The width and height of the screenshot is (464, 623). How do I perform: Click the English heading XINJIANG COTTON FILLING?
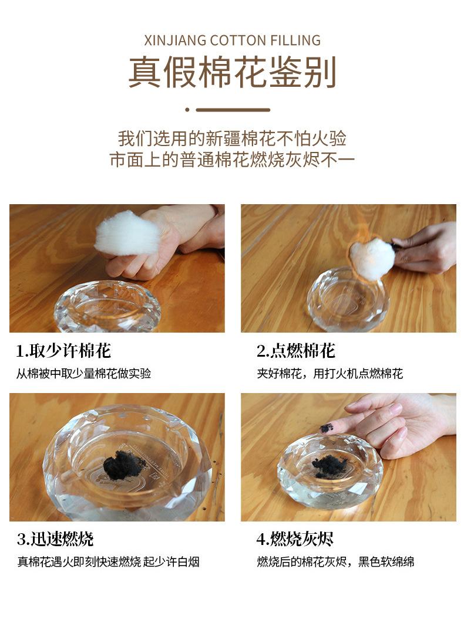(x=232, y=40)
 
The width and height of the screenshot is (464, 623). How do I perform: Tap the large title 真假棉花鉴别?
(x=233, y=72)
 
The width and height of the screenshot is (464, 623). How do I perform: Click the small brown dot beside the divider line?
(x=187, y=110)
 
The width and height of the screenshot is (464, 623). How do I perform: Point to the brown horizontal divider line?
(x=233, y=110)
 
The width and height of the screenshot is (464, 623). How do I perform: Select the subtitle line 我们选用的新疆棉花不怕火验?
(x=232, y=138)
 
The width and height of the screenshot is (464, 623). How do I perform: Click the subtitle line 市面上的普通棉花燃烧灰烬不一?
(x=232, y=160)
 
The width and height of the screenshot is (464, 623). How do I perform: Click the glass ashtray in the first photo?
(x=107, y=307)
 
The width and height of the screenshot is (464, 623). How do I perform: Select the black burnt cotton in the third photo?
(x=124, y=465)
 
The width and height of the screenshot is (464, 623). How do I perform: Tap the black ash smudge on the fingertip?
(x=327, y=428)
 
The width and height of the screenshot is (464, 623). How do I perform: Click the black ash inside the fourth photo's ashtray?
(x=329, y=465)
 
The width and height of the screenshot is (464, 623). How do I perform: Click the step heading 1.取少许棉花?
(x=63, y=350)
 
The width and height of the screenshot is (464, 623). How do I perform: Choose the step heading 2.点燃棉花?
(x=295, y=350)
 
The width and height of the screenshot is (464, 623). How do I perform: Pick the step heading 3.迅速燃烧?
(x=55, y=539)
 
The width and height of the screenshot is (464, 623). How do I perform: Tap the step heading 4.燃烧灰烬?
(x=295, y=539)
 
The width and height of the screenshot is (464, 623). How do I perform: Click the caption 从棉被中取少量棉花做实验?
(x=83, y=374)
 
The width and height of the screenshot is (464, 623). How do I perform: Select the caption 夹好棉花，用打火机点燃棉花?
(x=330, y=374)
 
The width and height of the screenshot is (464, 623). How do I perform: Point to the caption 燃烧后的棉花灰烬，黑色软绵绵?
(x=335, y=562)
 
